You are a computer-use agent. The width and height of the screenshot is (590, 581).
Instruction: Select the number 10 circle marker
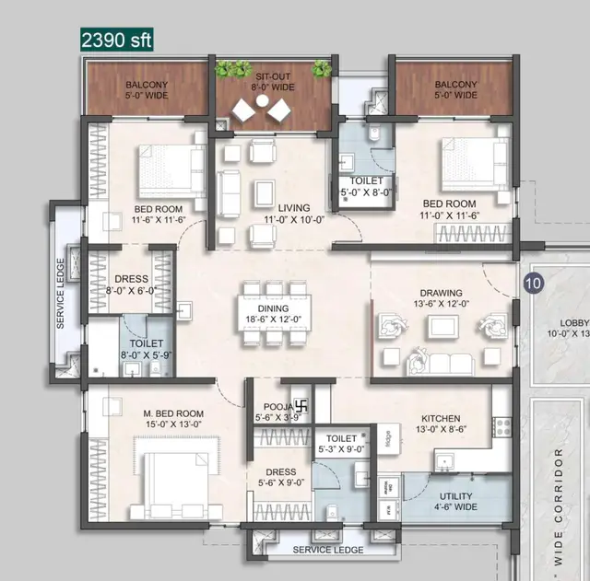tap(532, 284)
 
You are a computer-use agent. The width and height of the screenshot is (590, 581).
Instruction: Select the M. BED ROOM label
tap(147, 412)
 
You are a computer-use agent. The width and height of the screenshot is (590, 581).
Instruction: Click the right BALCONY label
tap(455, 88)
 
